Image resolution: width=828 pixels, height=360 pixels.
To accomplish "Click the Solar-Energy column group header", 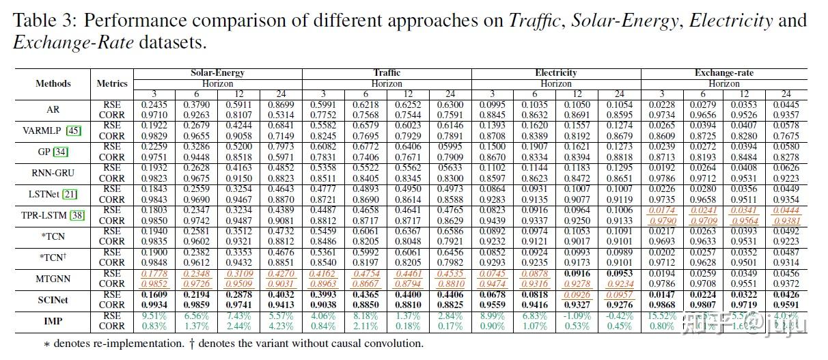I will pos(217,72).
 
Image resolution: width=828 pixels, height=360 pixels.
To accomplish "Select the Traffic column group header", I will pos(387,72).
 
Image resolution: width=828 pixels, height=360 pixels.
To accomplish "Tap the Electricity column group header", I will pos(555,72).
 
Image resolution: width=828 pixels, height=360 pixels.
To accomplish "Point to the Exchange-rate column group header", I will pos(724,72).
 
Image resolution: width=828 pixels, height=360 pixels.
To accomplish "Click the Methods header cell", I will pos(53,83).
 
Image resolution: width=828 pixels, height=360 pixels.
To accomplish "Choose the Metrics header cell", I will pos(112,83).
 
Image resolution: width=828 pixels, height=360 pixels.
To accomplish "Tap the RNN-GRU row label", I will pos(53,172).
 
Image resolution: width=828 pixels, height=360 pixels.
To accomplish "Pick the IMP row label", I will pos(53,321).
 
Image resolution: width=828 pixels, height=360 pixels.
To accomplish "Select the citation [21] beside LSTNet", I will pos(70,194).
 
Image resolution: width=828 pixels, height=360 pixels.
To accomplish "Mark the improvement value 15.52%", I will pos(661,316).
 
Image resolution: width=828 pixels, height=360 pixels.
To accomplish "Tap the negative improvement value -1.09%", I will pos(576,316).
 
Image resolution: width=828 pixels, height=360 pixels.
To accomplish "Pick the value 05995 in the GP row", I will pos(450,146).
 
